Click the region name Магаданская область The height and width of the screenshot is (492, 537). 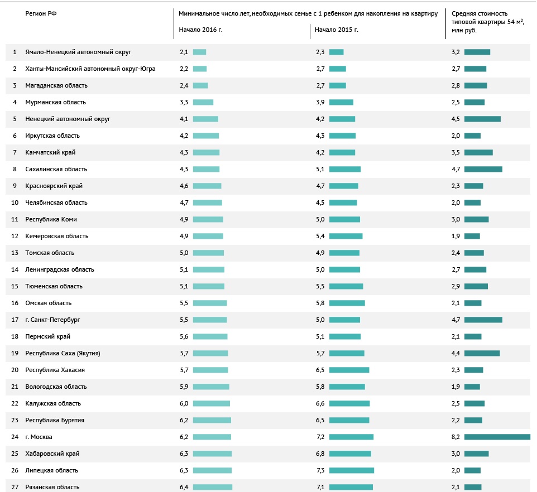(x=56, y=85)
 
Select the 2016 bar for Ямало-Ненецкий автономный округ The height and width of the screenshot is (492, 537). (x=199, y=52)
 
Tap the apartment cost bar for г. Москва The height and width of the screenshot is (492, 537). (x=497, y=437)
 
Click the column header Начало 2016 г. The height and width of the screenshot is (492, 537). (x=200, y=29)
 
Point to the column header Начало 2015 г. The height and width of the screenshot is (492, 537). (x=336, y=29)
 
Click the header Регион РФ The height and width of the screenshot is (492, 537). (x=41, y=13)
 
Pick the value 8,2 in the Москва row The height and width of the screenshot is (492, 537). (x=456, y=437)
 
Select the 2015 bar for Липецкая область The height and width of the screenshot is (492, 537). (x=351, y=470)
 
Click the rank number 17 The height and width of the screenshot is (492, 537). (x=15, y=320)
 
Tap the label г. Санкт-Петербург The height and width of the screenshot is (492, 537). (x=53, y=320)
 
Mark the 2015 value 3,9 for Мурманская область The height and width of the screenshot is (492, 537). (x=320, y=102)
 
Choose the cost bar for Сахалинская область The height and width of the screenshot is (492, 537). (x=483, y=169)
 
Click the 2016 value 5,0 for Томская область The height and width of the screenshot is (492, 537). (x=184, y=253)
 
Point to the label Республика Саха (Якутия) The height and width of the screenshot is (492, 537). (x=63, y=353)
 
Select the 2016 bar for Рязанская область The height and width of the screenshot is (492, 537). (x=212, y=487)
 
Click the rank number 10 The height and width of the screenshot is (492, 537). (x=15, y=202)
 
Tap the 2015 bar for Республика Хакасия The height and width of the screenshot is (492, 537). (x=349, y=370)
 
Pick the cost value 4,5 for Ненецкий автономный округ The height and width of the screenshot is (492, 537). (x=456, y=119)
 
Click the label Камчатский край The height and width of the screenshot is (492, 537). (x=50, y=152)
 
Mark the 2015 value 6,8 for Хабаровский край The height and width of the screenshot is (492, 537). (x=320, y=454)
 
